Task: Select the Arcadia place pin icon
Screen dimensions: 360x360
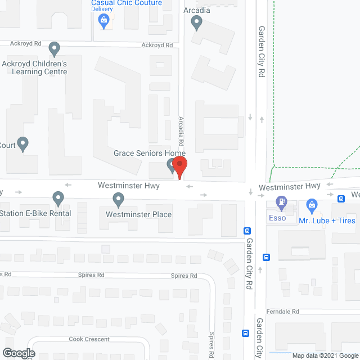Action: click(197, 23)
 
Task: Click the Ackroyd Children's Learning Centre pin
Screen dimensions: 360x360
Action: click(55, 49)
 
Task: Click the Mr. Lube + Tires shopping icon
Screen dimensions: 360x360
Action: click(309, 204)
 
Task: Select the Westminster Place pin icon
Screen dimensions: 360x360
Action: click(118, 199)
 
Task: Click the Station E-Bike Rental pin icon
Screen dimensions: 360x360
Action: click(58, 198)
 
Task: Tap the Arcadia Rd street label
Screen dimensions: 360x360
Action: click(182, 132)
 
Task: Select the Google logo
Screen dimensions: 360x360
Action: click(19, 353)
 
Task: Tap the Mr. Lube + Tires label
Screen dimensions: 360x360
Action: click(327, 220)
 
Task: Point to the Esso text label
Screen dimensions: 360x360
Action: click(277, 218)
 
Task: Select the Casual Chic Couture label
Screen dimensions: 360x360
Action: click(127, 3)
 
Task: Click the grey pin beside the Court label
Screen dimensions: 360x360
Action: click(23, 144)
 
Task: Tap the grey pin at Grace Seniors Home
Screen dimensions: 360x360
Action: click(172, 165)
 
